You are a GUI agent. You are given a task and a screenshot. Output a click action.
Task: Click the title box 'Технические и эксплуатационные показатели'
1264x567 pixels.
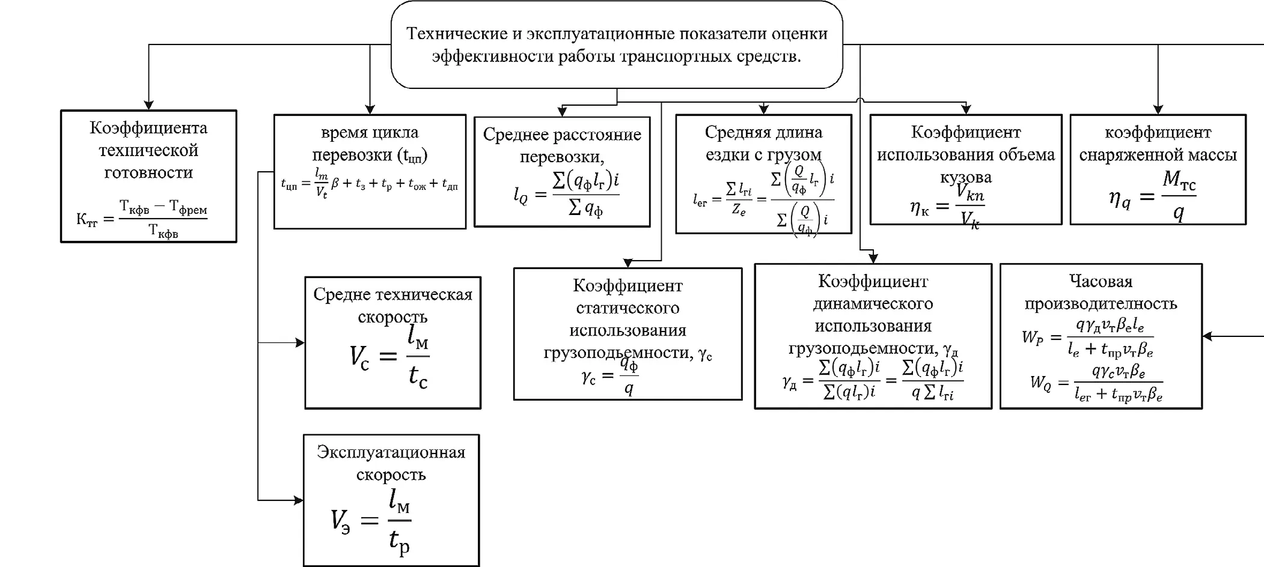tap(617, 44)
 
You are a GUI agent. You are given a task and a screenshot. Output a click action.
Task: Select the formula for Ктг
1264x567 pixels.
tap(142, 219)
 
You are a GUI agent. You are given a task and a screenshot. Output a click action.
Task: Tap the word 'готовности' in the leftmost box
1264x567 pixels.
tap(148, 172)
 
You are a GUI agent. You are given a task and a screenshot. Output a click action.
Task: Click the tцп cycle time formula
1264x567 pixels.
tap(369, 183)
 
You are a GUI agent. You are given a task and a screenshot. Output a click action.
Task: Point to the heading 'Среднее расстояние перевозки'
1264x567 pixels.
tap(562, 145)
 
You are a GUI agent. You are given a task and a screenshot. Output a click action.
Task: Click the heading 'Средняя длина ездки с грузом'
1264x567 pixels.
tap(763, 143)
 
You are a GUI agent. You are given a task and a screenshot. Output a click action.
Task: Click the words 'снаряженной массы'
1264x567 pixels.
tap(1158, 154)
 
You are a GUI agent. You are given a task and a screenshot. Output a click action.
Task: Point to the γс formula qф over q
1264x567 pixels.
tap(610, 377)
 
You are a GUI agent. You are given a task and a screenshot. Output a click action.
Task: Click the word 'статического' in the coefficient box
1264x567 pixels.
tap(627, 308)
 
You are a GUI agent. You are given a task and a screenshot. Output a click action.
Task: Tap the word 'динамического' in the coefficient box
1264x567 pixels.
tap(873, 303)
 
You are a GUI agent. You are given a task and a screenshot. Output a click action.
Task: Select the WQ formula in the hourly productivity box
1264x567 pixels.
tap(1096, 383)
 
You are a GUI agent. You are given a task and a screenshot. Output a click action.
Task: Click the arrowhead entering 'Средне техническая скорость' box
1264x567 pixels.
tap(300, 343)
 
